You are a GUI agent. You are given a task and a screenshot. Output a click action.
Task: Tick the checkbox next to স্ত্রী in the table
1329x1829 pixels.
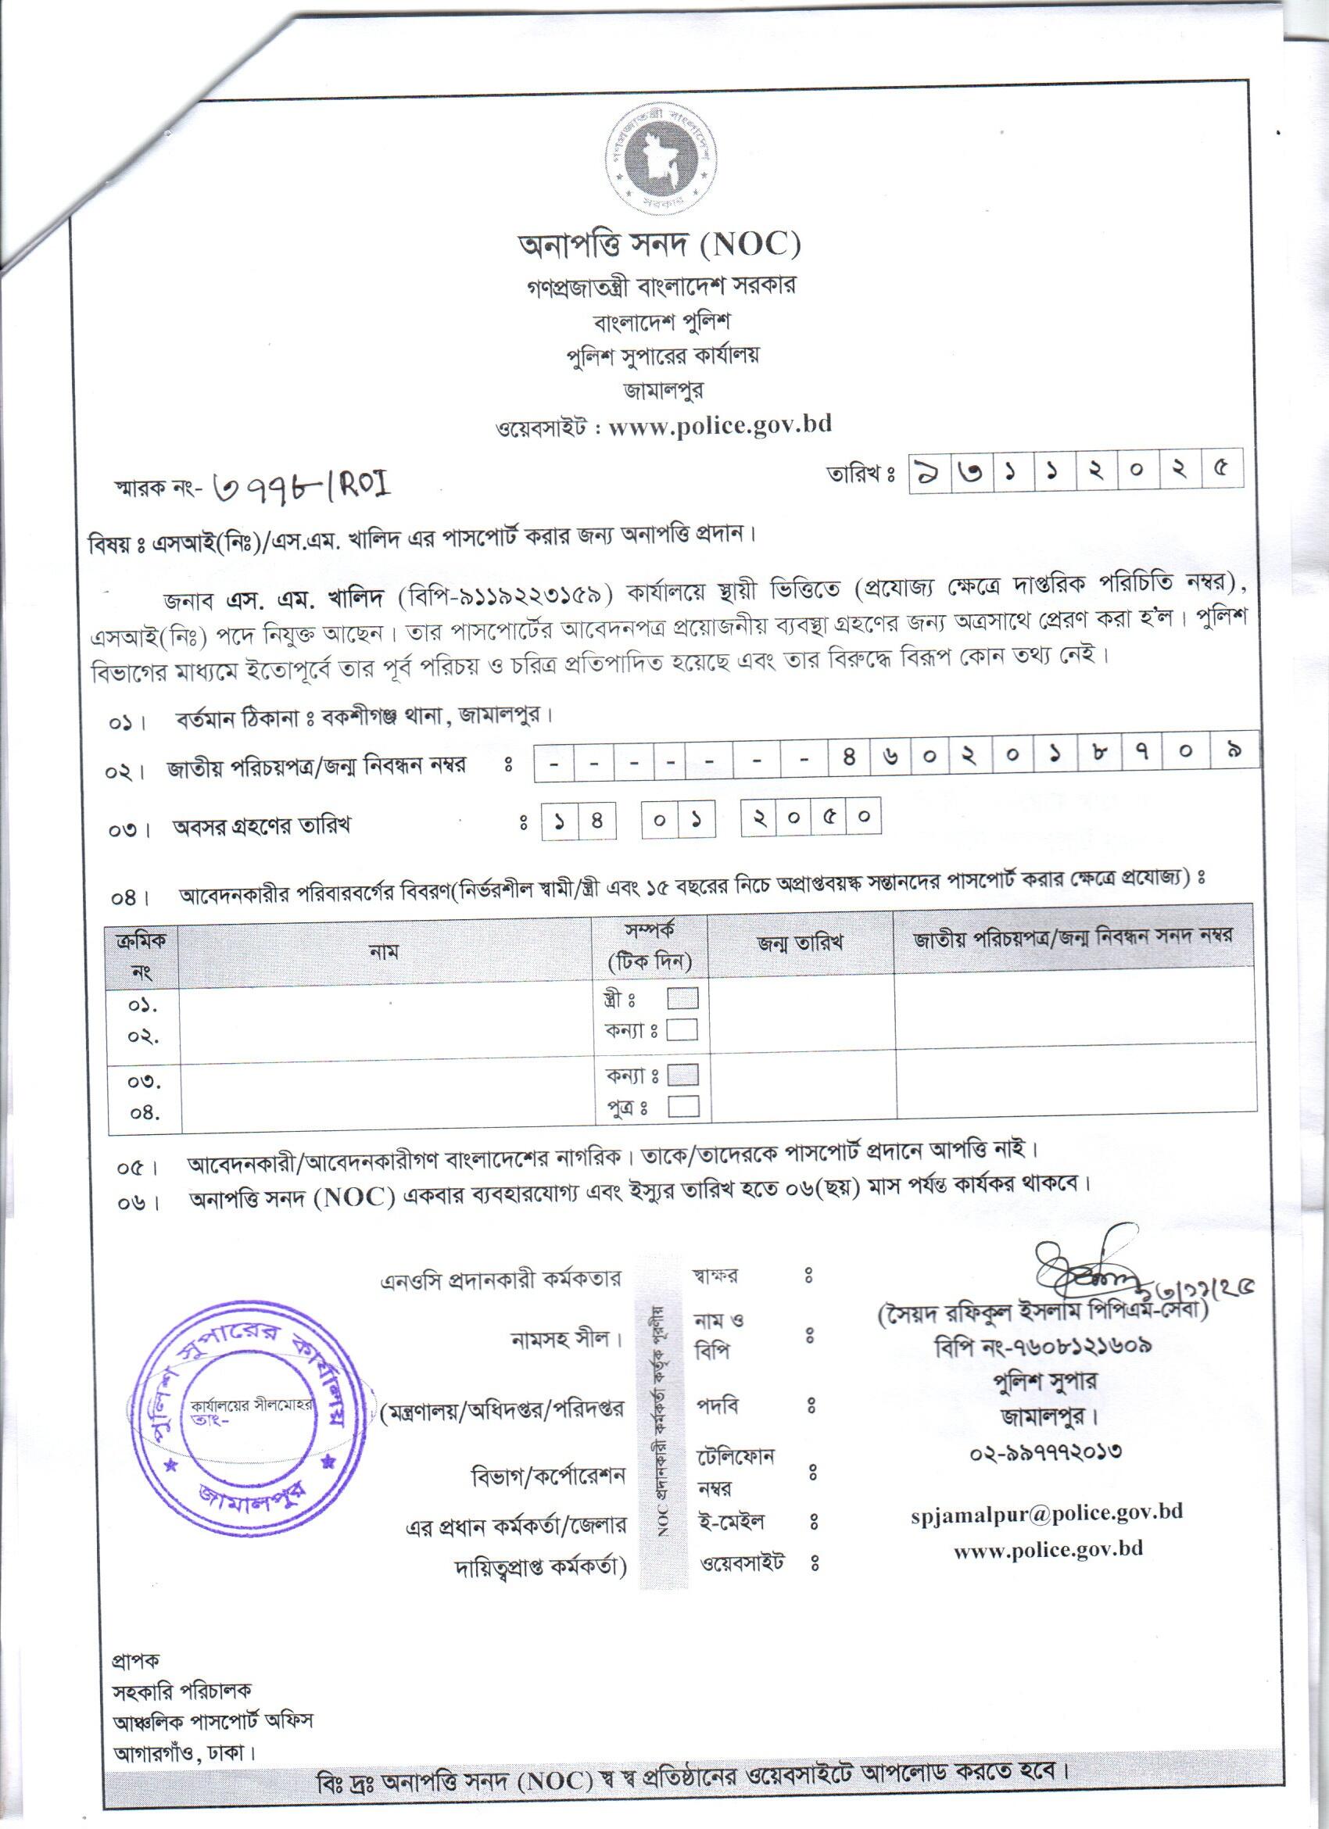click(x=682, y=999)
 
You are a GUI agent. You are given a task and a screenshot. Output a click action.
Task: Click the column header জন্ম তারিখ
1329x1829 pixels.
click(x=800, y=943)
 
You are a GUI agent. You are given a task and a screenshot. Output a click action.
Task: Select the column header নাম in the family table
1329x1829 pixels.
click(x=385, y=951)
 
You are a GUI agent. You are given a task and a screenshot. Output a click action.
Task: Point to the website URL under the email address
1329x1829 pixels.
click(x=1048, y=1549)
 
